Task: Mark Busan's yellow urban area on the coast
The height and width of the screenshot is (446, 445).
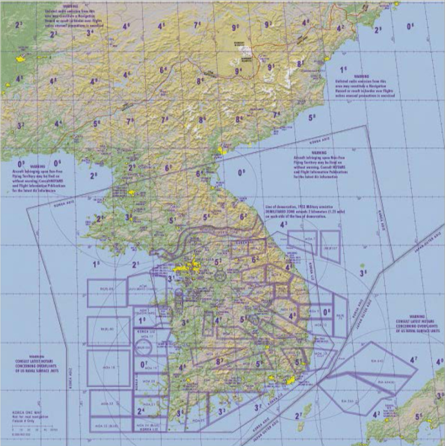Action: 290,381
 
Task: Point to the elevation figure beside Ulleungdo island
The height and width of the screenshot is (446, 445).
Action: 364,272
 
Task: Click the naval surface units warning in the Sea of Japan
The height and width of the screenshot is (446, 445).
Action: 418,324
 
